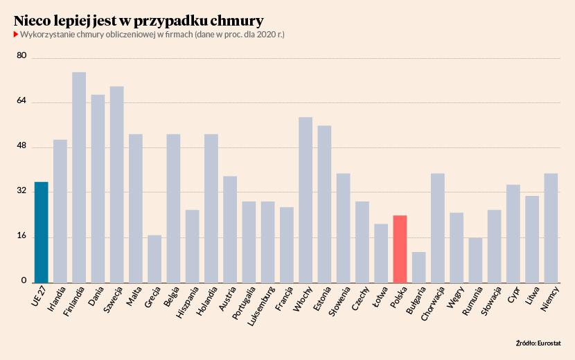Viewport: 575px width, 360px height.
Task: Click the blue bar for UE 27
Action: point(42,232)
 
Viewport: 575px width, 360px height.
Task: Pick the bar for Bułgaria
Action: point(418,267)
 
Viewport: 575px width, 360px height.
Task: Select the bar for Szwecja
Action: point(117,184)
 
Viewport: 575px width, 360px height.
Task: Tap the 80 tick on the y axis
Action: point(21,56)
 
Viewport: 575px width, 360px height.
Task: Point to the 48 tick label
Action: point(21,146)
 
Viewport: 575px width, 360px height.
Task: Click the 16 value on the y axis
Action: point(21,236)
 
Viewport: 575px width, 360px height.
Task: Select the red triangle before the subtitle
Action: point(15,34)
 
